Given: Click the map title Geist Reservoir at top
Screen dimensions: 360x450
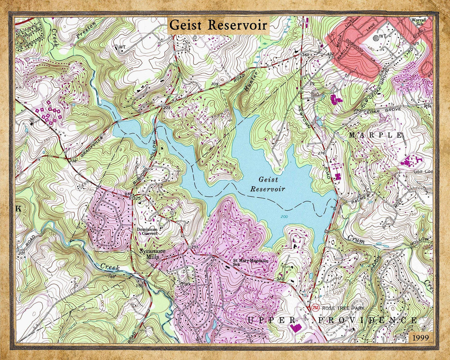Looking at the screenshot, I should point(218,25).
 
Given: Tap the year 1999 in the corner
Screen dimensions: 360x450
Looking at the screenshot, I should point(420,337).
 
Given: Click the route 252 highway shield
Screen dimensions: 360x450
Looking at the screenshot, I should point(315,307).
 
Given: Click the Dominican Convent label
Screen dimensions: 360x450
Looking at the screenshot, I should point(147,231).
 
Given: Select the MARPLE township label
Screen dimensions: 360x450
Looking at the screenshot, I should point(375,135).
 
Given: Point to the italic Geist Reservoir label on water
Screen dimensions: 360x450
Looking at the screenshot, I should point(268,184).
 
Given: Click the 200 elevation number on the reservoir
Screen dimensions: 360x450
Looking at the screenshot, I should point(284,217).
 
